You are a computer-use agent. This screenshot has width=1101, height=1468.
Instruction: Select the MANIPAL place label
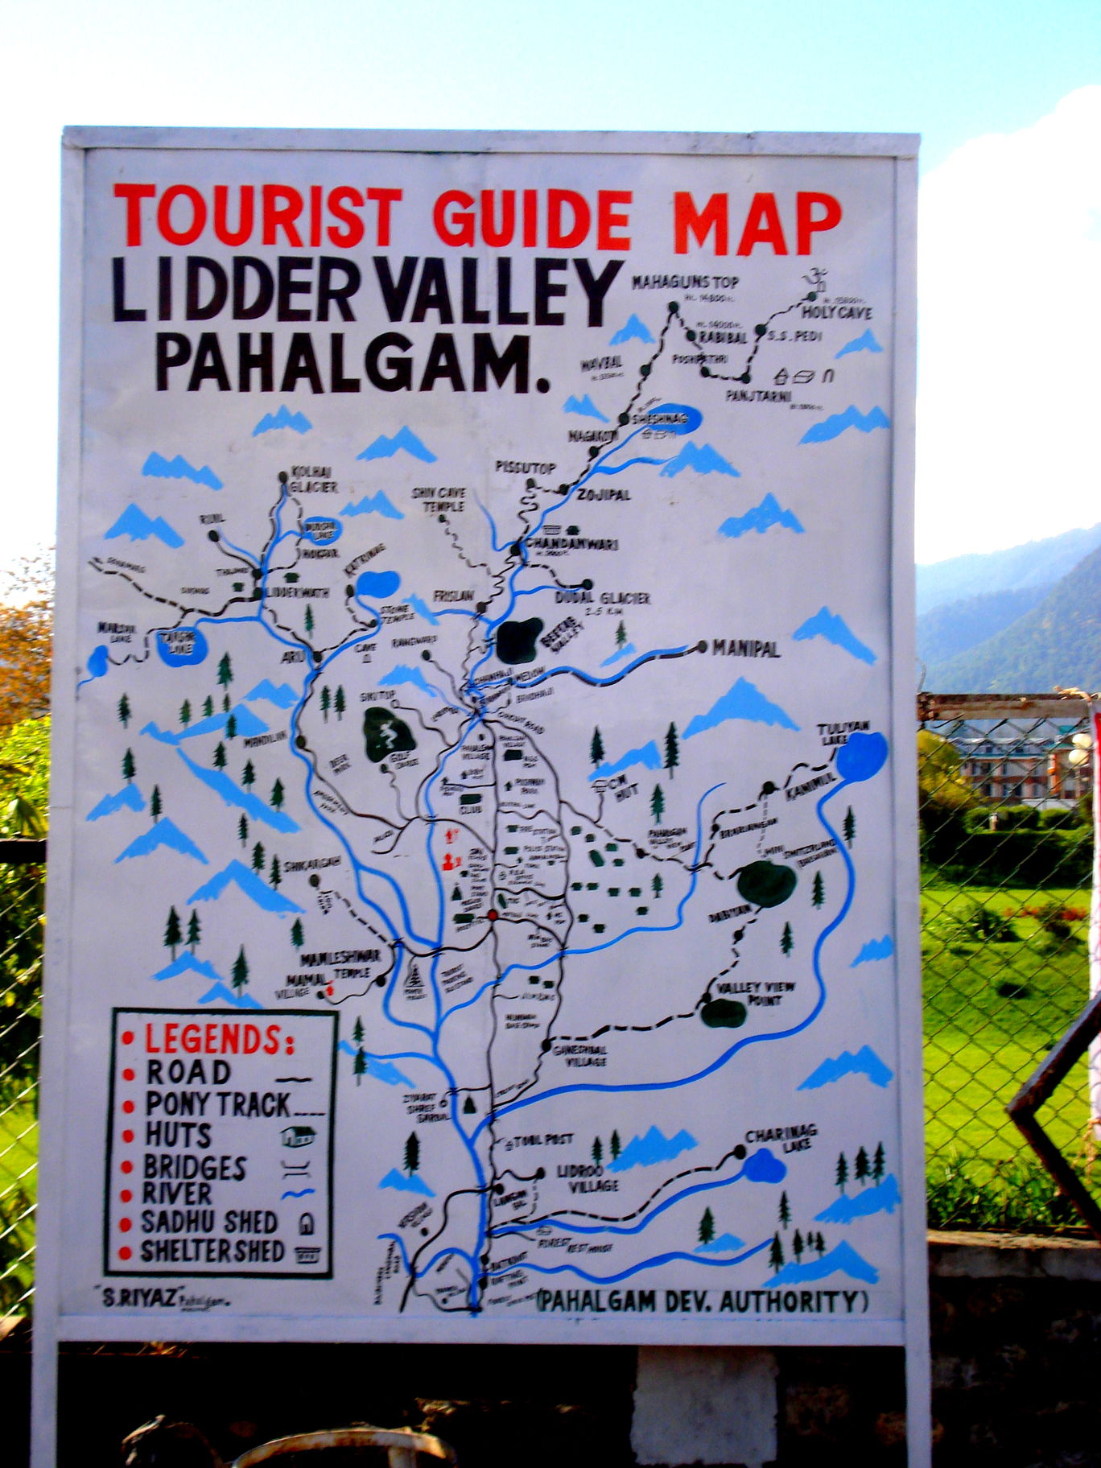pos(745,649)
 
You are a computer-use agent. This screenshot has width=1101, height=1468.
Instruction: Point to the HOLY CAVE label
pos(836,312)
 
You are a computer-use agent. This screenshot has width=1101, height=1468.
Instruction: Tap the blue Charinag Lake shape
pos(763,1165)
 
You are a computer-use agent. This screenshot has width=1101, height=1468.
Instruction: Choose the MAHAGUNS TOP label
pos(685,282)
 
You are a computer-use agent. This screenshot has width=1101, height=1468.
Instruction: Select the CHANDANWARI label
pos(573,545)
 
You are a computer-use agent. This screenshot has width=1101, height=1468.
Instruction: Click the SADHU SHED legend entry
pos(210,1222)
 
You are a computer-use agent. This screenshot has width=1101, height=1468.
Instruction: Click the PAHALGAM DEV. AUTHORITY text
pos(699,1301)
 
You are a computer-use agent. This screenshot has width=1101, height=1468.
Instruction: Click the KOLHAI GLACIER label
pos(312,479)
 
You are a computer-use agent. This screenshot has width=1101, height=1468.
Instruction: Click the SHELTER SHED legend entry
pos(213,1252)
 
